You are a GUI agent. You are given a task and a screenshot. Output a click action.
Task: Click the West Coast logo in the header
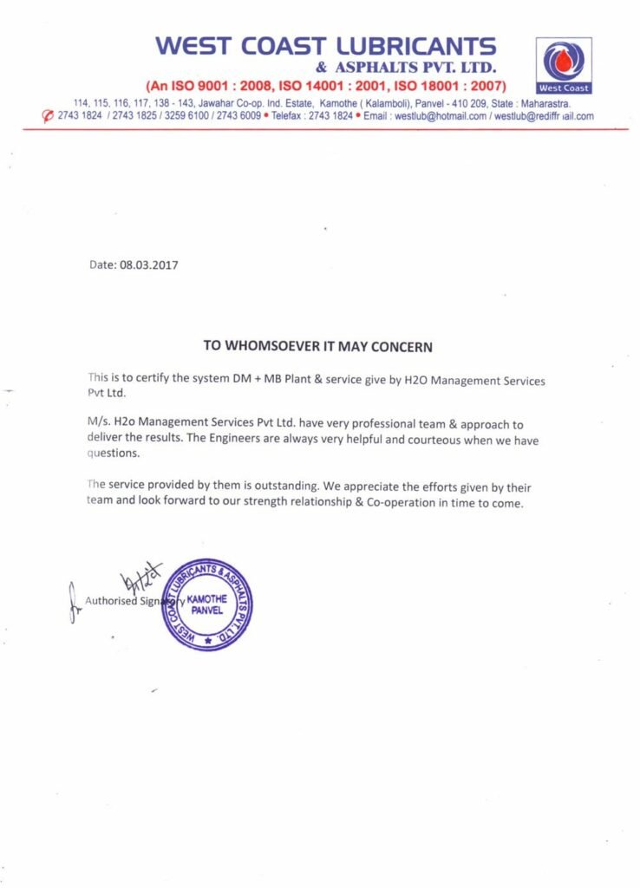click(x=564, y=65)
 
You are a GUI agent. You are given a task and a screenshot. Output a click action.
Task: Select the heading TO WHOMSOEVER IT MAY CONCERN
click(x=317, y=346)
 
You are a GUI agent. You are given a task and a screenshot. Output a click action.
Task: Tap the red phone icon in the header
click(x=49, y=116)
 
